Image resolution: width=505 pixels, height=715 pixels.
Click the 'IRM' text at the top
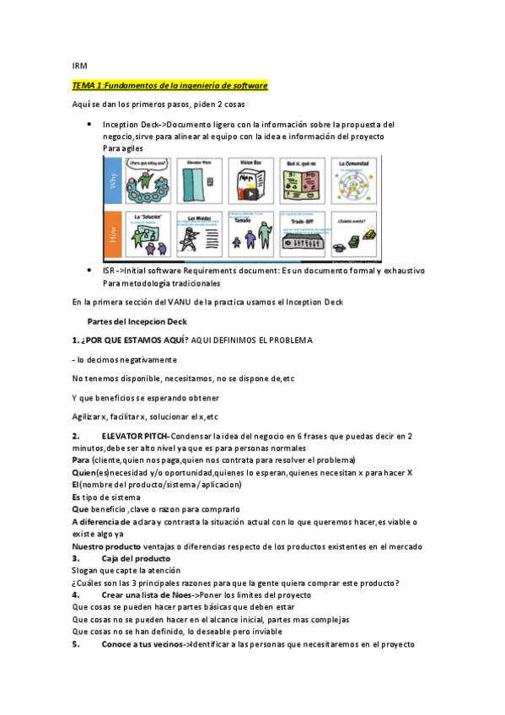(79, 65)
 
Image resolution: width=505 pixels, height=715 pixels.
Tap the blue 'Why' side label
(113, 181)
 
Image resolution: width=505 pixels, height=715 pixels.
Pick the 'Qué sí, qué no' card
(302, 181)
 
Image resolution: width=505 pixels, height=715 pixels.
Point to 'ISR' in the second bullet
(109, 271)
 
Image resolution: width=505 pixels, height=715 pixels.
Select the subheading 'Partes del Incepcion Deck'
(137, 321)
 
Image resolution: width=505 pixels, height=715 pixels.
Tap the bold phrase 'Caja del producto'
(136, 558)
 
